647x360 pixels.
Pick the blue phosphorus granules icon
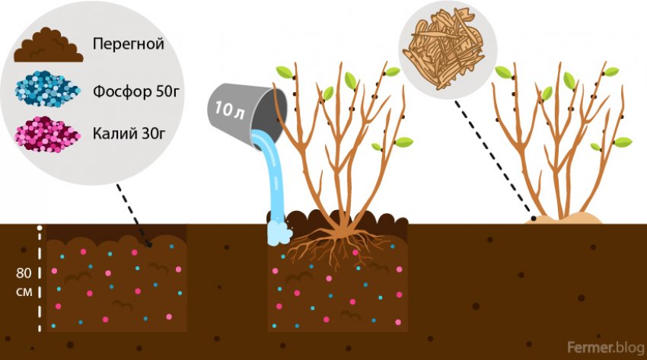click(x=47, y=91)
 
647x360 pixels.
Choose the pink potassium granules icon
click(x=47, y=134)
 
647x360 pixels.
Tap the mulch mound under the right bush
click(x=567, y=219)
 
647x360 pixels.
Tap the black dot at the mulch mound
click(x=534, y=219)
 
